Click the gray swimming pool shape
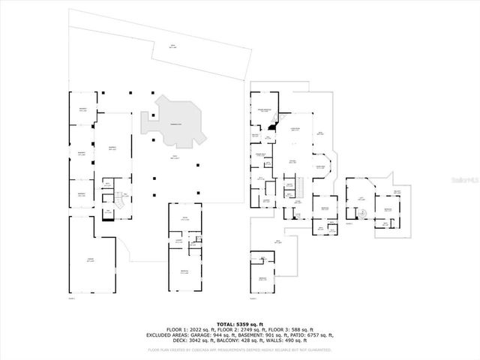tap(177, 124)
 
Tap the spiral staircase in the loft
tap(363, 213)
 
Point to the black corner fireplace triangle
tap(271, 129)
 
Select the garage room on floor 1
tap(90, 259)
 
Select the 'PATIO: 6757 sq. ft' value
tap(311, 335)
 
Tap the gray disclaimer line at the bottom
tap(240, 349)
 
